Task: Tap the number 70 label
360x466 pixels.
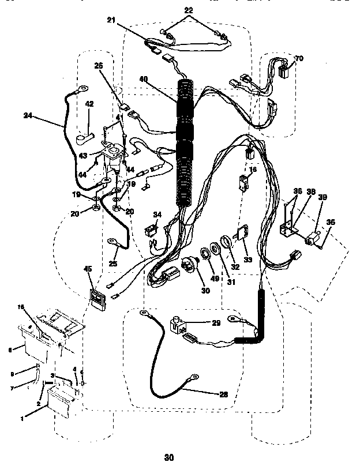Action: [x=298, y=58]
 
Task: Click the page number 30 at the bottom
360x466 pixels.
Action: [x=168, y=459]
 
